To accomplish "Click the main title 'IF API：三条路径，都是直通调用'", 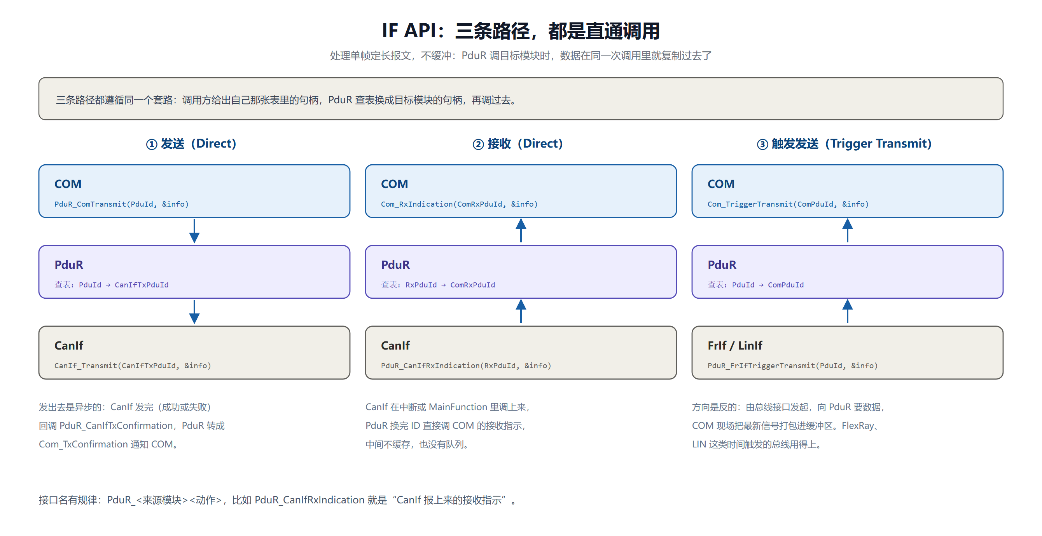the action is (521, 31).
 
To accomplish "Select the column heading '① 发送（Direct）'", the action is (191, 143).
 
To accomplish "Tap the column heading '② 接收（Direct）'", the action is (518, 143).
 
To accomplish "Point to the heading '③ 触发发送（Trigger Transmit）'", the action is (844, 143).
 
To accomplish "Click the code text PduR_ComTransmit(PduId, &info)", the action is (121, 204).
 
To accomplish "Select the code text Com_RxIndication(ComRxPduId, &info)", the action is (459, 204).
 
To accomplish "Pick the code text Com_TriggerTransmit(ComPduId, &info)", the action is (788, 204).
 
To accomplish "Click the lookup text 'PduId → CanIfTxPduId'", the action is (123, 285).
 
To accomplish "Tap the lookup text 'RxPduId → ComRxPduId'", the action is (450, 285).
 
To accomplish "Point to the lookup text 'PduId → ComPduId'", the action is (768, 285).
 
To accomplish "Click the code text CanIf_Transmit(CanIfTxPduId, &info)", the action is (133, 366).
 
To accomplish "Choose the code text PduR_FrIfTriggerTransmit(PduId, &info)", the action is (792, 366).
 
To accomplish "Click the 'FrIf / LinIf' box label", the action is (734, 346).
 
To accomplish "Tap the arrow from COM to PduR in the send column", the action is (194, 231).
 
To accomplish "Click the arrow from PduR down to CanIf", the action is (194, 312).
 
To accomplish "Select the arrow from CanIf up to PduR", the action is (521, 311).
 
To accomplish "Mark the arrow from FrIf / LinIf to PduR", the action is (848, 311).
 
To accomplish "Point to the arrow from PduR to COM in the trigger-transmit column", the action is (848, 230).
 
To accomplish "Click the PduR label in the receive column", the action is (395, 265).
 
